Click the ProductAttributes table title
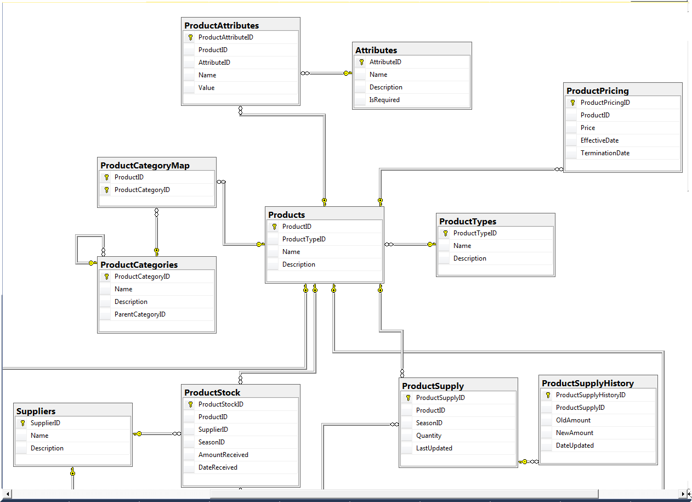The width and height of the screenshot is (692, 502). pyautogui.click(x=222, y=25)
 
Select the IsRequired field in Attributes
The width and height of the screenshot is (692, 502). pyautogui.click(x=384, y=100)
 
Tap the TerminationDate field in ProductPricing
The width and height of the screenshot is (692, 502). pyautogui.click(x=605, y=153)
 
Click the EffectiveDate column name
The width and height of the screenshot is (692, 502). pyautogui.click(x=599, y=140)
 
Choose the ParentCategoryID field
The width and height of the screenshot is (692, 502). pyautogui.click(x=140, y=314)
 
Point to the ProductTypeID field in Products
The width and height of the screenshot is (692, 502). pyautogui.click(x=304, y=239)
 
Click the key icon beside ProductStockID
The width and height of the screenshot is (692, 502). pyautogui.click(x=191, y=404)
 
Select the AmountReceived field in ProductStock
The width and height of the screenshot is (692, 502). pyautogui.click(x=223, y=455)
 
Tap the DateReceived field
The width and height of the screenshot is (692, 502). pyautogui.click(x=218, y=467)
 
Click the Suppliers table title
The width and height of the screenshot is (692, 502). pyautogui.click(x=36, y=411)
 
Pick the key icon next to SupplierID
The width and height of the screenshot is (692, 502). pyautogui.click(x=22, y=423)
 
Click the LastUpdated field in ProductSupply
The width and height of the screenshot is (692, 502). pyautogui.click(x=434, y=448)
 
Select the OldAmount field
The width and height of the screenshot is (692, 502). pyautogui.click(x=573, y=420)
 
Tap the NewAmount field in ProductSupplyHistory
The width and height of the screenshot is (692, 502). pyautogui.click(x=575, y=433)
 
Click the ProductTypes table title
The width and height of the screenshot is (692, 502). pyautogui.click(x=468, y=221)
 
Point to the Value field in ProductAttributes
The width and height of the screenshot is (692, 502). pyautogui.click(x=206, y=88)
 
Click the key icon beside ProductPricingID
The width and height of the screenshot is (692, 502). pyautogui.click(x=572, y=103)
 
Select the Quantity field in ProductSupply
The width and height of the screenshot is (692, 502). pyautogui.click(x=429, y=436)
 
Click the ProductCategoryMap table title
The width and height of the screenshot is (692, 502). pyautogui.click(x=145, y=165)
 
